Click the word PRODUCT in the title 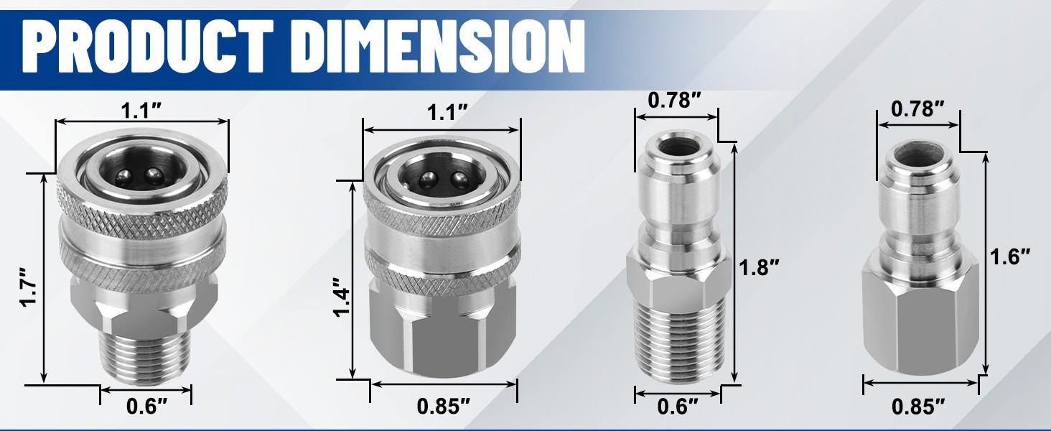tap(148, 46)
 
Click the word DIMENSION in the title tap(441, 46)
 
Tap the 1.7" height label tap(29, 287)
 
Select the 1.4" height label tap(342, 297)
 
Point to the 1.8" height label tap(759, 268)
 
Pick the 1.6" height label tap(1009, 257)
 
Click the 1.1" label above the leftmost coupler tap(141, 111)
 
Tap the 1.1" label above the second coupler tap(447, 113)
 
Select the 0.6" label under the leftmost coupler tap(147, 407)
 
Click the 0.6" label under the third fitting tap(678, 407)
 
